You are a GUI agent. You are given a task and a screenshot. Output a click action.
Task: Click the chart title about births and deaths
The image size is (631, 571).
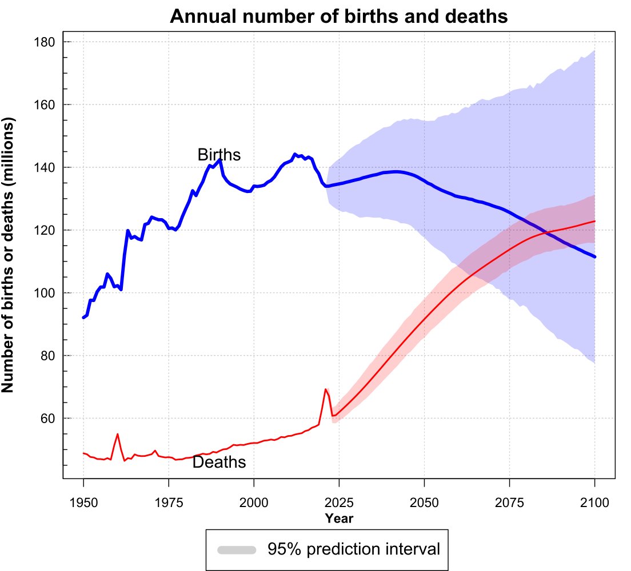tap(339, 17)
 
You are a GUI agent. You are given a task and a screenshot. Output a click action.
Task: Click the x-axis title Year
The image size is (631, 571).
tap(339, 518)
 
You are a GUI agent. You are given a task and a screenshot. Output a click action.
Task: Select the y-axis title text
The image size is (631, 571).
tap(9, 255)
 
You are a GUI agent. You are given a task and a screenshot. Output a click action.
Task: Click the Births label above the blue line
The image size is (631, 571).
tap(219, 155)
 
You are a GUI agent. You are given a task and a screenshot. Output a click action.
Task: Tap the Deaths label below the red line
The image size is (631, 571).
tap(219, 463)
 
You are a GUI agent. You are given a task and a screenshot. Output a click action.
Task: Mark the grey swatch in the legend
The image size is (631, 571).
tap(237, 549)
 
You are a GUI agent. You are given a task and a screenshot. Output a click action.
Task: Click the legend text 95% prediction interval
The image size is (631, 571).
tap(354, 549)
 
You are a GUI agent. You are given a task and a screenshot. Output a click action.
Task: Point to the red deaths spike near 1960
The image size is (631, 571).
tap(117, 434)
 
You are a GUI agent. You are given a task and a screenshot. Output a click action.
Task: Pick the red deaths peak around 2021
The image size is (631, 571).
tap(326, 389)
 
